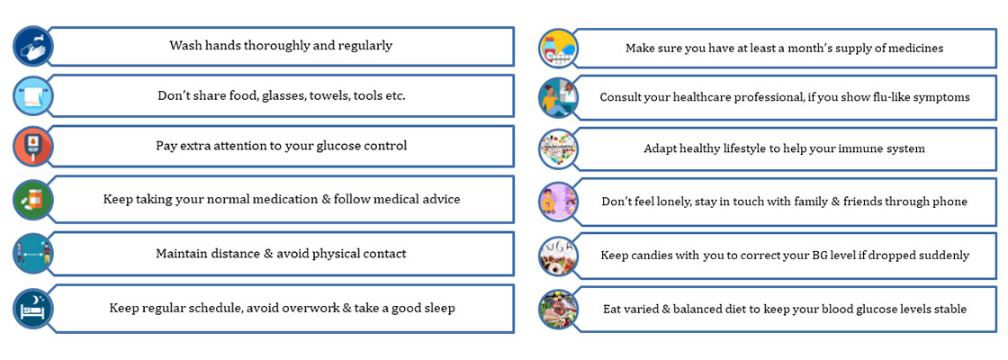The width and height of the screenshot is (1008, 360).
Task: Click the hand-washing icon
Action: tap(32, 46)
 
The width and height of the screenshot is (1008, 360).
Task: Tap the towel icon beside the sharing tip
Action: tap(32, 96)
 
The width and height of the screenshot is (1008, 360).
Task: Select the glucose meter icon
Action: tap(32, 147)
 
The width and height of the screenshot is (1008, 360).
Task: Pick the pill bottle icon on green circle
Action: tap(32, 200)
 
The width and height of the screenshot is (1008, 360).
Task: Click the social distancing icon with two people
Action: tap(32, 254)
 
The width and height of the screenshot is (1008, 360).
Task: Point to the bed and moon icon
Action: tap(32, 309)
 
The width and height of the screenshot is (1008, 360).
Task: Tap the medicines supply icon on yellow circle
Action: tap(558, 49)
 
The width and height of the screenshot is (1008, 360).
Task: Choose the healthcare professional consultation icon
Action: tap(558, 98)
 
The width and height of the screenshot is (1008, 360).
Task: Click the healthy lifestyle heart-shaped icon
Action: tap(558, 149)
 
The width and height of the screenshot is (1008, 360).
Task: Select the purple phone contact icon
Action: tap(558, 202)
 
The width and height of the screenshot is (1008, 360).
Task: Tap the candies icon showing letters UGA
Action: tap(558, 256)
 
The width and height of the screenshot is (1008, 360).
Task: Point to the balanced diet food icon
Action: tap(558, 310)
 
